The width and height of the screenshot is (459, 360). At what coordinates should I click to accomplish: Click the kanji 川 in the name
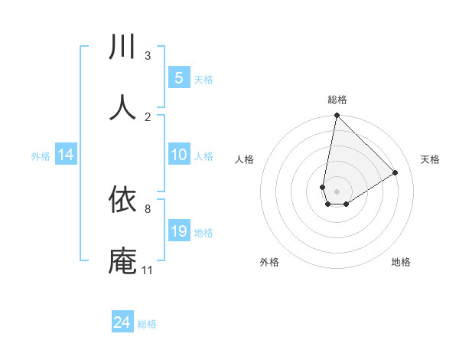click(x=123, y=47)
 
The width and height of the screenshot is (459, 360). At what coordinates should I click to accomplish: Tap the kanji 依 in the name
click(x=123, y=200)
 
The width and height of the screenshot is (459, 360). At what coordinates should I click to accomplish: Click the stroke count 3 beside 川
click(x=148, y=56)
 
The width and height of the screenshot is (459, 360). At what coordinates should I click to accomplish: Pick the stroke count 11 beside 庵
click(x=148, y=270)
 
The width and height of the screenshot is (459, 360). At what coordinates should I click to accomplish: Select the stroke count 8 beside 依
click(x=148, y=208)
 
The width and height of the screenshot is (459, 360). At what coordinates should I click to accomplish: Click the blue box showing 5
click(x=179, y=78)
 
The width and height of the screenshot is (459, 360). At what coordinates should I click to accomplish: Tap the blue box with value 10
click(x=179, y=155)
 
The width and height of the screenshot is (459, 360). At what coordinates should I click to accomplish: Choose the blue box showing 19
click(x=179, y=231)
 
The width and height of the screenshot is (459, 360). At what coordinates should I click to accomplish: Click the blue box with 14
click(x=66, y=155)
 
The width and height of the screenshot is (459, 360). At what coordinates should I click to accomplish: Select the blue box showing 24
click(x=122, y=323)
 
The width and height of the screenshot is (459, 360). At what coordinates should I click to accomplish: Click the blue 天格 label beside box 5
click(x=203, y=79)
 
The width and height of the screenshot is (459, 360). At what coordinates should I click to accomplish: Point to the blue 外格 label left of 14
click(x=41, y=155)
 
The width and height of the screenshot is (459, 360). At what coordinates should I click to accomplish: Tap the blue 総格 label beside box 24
click(x=147, y=324)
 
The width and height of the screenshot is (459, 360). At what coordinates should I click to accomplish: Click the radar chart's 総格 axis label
click(x=337, y=100)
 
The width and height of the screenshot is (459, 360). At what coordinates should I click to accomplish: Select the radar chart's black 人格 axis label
click(x=245, y=159)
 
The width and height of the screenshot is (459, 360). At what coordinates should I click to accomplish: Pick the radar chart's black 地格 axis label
click(x=401, y=262)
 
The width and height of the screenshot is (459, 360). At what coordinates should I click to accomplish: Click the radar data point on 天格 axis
click(x=396, y=173)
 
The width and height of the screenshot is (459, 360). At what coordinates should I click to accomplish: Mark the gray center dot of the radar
click(x=337, y=191)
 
